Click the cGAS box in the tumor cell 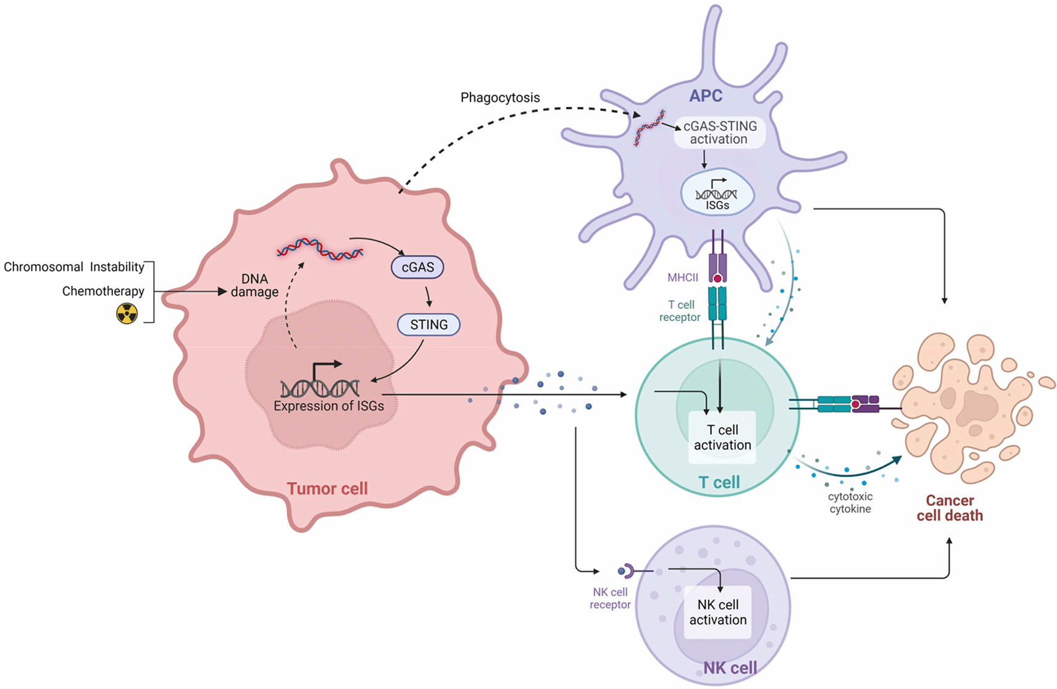[417, 267]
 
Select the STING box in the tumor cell [428, 325]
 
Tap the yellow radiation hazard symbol [127, 313]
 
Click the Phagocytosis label [500, 98]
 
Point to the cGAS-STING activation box [719, 132]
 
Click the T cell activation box [722, 437]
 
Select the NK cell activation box [718, 612]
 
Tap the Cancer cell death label [950, 508]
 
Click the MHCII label [682, 278]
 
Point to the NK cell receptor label [610, 598]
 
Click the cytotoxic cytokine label [850, 503]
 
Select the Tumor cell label [327, 488]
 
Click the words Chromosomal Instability [74, 267]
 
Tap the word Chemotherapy [103, 291]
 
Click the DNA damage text [254, 285]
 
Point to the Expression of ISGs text [328, 406]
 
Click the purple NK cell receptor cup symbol [627, 571]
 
